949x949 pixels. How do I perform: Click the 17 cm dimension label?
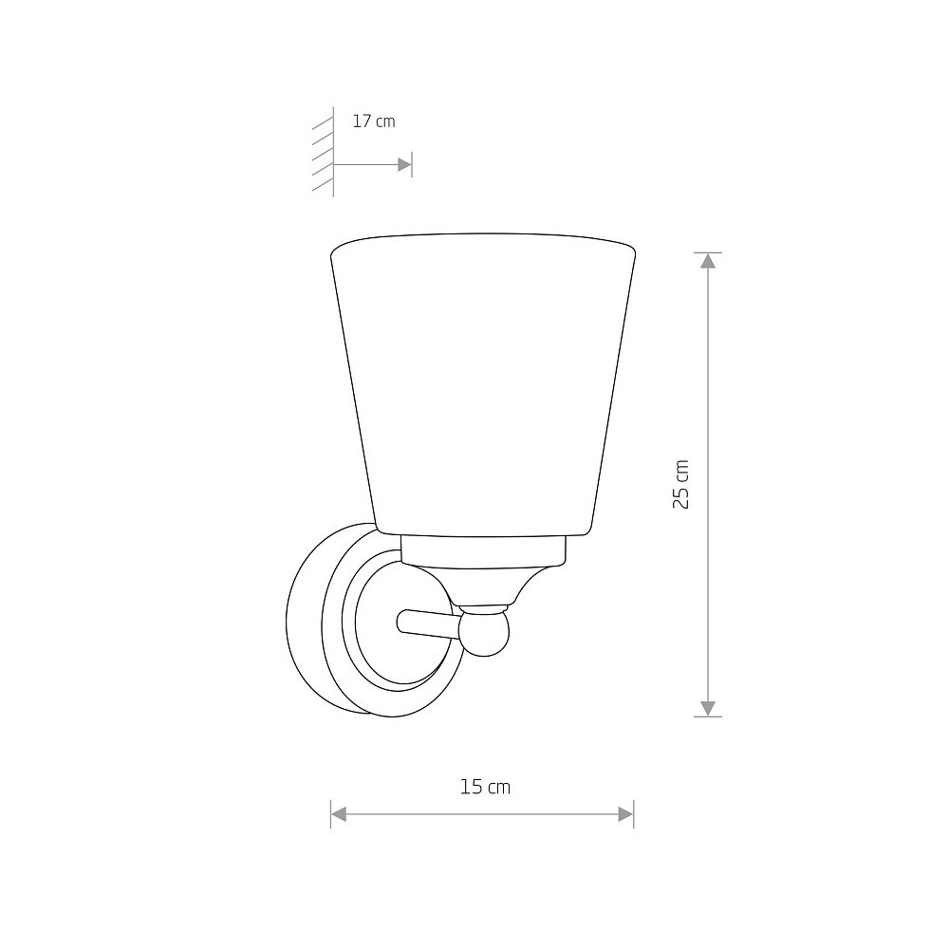373,121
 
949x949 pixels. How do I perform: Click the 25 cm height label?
681,484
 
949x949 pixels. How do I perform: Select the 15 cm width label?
485,787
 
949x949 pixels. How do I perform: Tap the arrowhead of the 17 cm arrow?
404,164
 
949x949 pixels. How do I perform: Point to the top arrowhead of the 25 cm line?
708,261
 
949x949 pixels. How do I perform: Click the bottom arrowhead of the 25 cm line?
708,709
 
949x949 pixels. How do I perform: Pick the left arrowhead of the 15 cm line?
339,814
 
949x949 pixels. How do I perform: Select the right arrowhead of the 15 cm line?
625,814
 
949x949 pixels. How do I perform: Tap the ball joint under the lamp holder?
484,633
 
